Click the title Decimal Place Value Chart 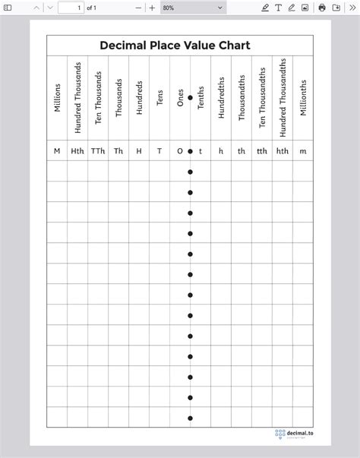pos(175,46)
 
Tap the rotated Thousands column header pos(118,97)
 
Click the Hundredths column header pos(221,97)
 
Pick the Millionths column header pos(303,97)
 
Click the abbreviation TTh pos(98,151)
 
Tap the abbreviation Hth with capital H pos(77,151)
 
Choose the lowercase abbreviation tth pos(262,151)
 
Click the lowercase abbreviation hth pos(283,151)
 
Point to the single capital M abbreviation pos(57,151)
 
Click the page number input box pos(70,8)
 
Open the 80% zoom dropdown pos(193,8)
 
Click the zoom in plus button pos(152,8)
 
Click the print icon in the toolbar pos(322,8)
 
